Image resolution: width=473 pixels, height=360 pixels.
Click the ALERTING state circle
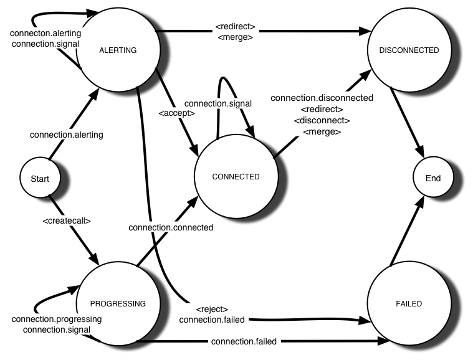point(118,50)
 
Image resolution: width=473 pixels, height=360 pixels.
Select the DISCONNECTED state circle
point(409,50)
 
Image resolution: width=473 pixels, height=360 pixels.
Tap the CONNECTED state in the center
point(236,177)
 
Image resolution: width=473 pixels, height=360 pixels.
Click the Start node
point(39,179)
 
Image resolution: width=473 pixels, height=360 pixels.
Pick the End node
point(433,178)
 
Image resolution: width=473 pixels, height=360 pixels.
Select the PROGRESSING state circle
point(118,304)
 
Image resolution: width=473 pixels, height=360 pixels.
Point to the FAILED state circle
point(409,304)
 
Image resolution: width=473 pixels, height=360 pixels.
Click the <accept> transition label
point(177,113)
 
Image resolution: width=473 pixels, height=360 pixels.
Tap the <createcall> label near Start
point(67,220)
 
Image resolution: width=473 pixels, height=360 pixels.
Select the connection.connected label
point(171,227)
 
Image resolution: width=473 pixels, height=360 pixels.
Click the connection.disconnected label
point(322,98)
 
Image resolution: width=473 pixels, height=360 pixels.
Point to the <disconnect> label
point(322,120)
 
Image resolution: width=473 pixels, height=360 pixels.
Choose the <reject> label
point(212,309)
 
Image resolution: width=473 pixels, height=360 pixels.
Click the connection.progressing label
point(57,319)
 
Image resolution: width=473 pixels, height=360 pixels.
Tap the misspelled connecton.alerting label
point(45,33)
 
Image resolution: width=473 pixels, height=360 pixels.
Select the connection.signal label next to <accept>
point(218,103)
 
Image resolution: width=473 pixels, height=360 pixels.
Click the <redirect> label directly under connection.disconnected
point(322,109)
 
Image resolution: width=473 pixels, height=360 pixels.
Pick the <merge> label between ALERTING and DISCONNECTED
point(236,37)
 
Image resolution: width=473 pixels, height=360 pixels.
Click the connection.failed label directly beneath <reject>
point(212,320)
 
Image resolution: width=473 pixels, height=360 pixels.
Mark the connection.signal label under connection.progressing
point(57,329)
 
